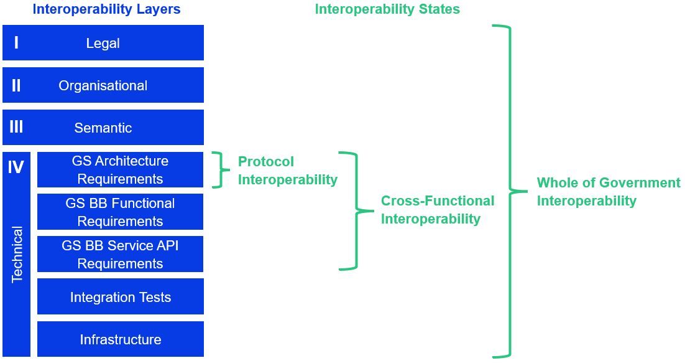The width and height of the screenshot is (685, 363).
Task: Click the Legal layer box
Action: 103,43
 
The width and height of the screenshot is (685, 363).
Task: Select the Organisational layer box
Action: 103,85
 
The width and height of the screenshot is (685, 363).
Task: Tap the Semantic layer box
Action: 103,128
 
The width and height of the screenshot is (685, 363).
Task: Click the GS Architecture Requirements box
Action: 120,169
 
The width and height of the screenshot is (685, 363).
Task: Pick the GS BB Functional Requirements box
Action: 120,212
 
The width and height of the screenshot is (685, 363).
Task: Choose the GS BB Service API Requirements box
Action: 120,254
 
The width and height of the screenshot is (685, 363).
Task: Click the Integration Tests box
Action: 120,297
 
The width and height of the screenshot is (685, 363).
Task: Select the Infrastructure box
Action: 120,339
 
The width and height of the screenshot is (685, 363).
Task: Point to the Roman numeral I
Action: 16,43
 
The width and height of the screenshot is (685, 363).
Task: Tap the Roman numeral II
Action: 16,85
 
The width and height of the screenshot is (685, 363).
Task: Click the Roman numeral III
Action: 16,128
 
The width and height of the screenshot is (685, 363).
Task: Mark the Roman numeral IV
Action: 16,167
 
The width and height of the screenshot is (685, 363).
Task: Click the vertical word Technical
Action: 17,255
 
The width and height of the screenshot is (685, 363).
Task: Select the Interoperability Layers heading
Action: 106,9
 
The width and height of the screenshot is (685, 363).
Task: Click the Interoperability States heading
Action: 387,9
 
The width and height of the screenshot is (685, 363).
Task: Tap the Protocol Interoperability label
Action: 287,171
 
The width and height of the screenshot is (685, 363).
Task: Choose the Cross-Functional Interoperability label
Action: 437,210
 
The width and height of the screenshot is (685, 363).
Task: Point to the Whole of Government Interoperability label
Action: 608,192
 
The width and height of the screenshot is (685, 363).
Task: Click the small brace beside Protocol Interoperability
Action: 218,169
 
